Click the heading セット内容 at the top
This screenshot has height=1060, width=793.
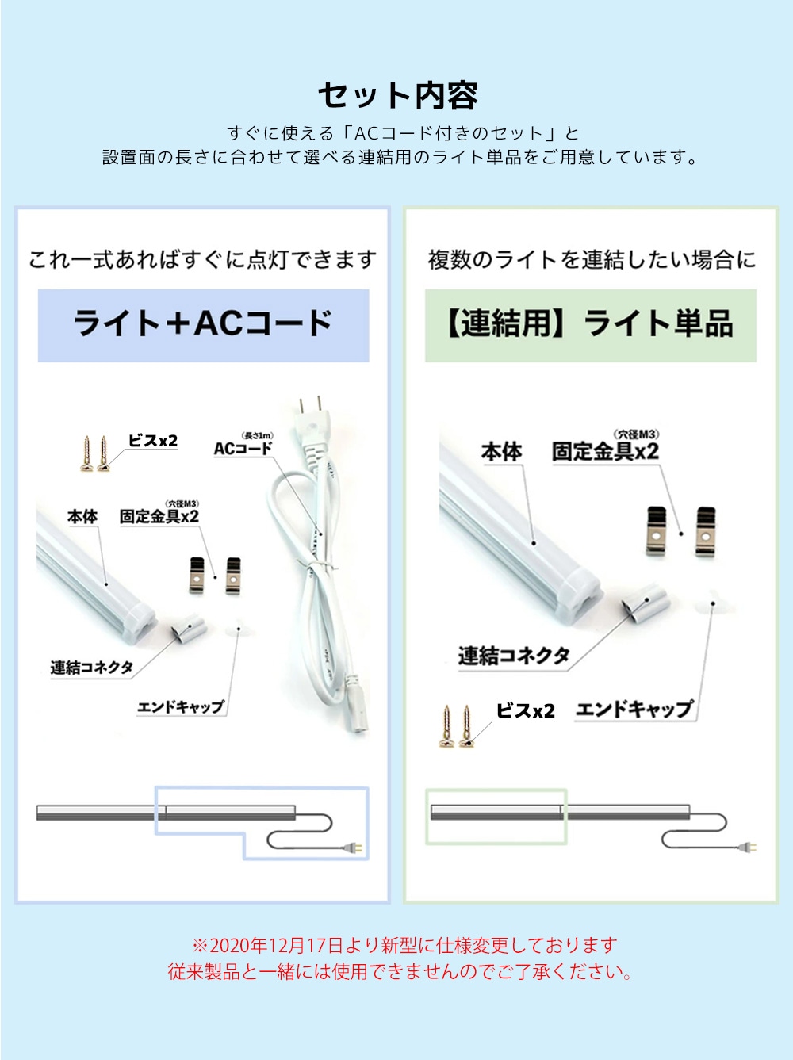pos(397,95)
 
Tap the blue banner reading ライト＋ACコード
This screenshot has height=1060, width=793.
pos(203,326)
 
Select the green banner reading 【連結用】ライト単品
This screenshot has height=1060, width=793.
pos(590,326)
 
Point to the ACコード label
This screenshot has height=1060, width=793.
pos(243,448)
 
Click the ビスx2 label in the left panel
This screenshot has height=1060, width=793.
pos(152,441)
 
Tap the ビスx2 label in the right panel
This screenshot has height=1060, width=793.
pos(526,711)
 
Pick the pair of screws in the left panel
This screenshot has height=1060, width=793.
pos(95,453)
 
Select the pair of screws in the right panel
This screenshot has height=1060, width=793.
pos(457,726)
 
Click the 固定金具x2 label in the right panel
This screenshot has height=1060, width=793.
pos(605,452)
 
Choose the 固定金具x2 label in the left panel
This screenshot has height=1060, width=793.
pos(159,517)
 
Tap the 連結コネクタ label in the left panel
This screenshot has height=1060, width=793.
pos(91,668)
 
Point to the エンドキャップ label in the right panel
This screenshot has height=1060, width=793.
pos(634,710)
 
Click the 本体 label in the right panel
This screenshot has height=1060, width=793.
pos(501,452)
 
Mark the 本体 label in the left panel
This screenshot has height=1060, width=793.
pos(82,517)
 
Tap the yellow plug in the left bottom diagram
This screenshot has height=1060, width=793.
pos(358,847)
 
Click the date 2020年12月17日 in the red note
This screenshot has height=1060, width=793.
pos(278,945)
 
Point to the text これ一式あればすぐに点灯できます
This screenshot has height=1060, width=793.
pos(202,260)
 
